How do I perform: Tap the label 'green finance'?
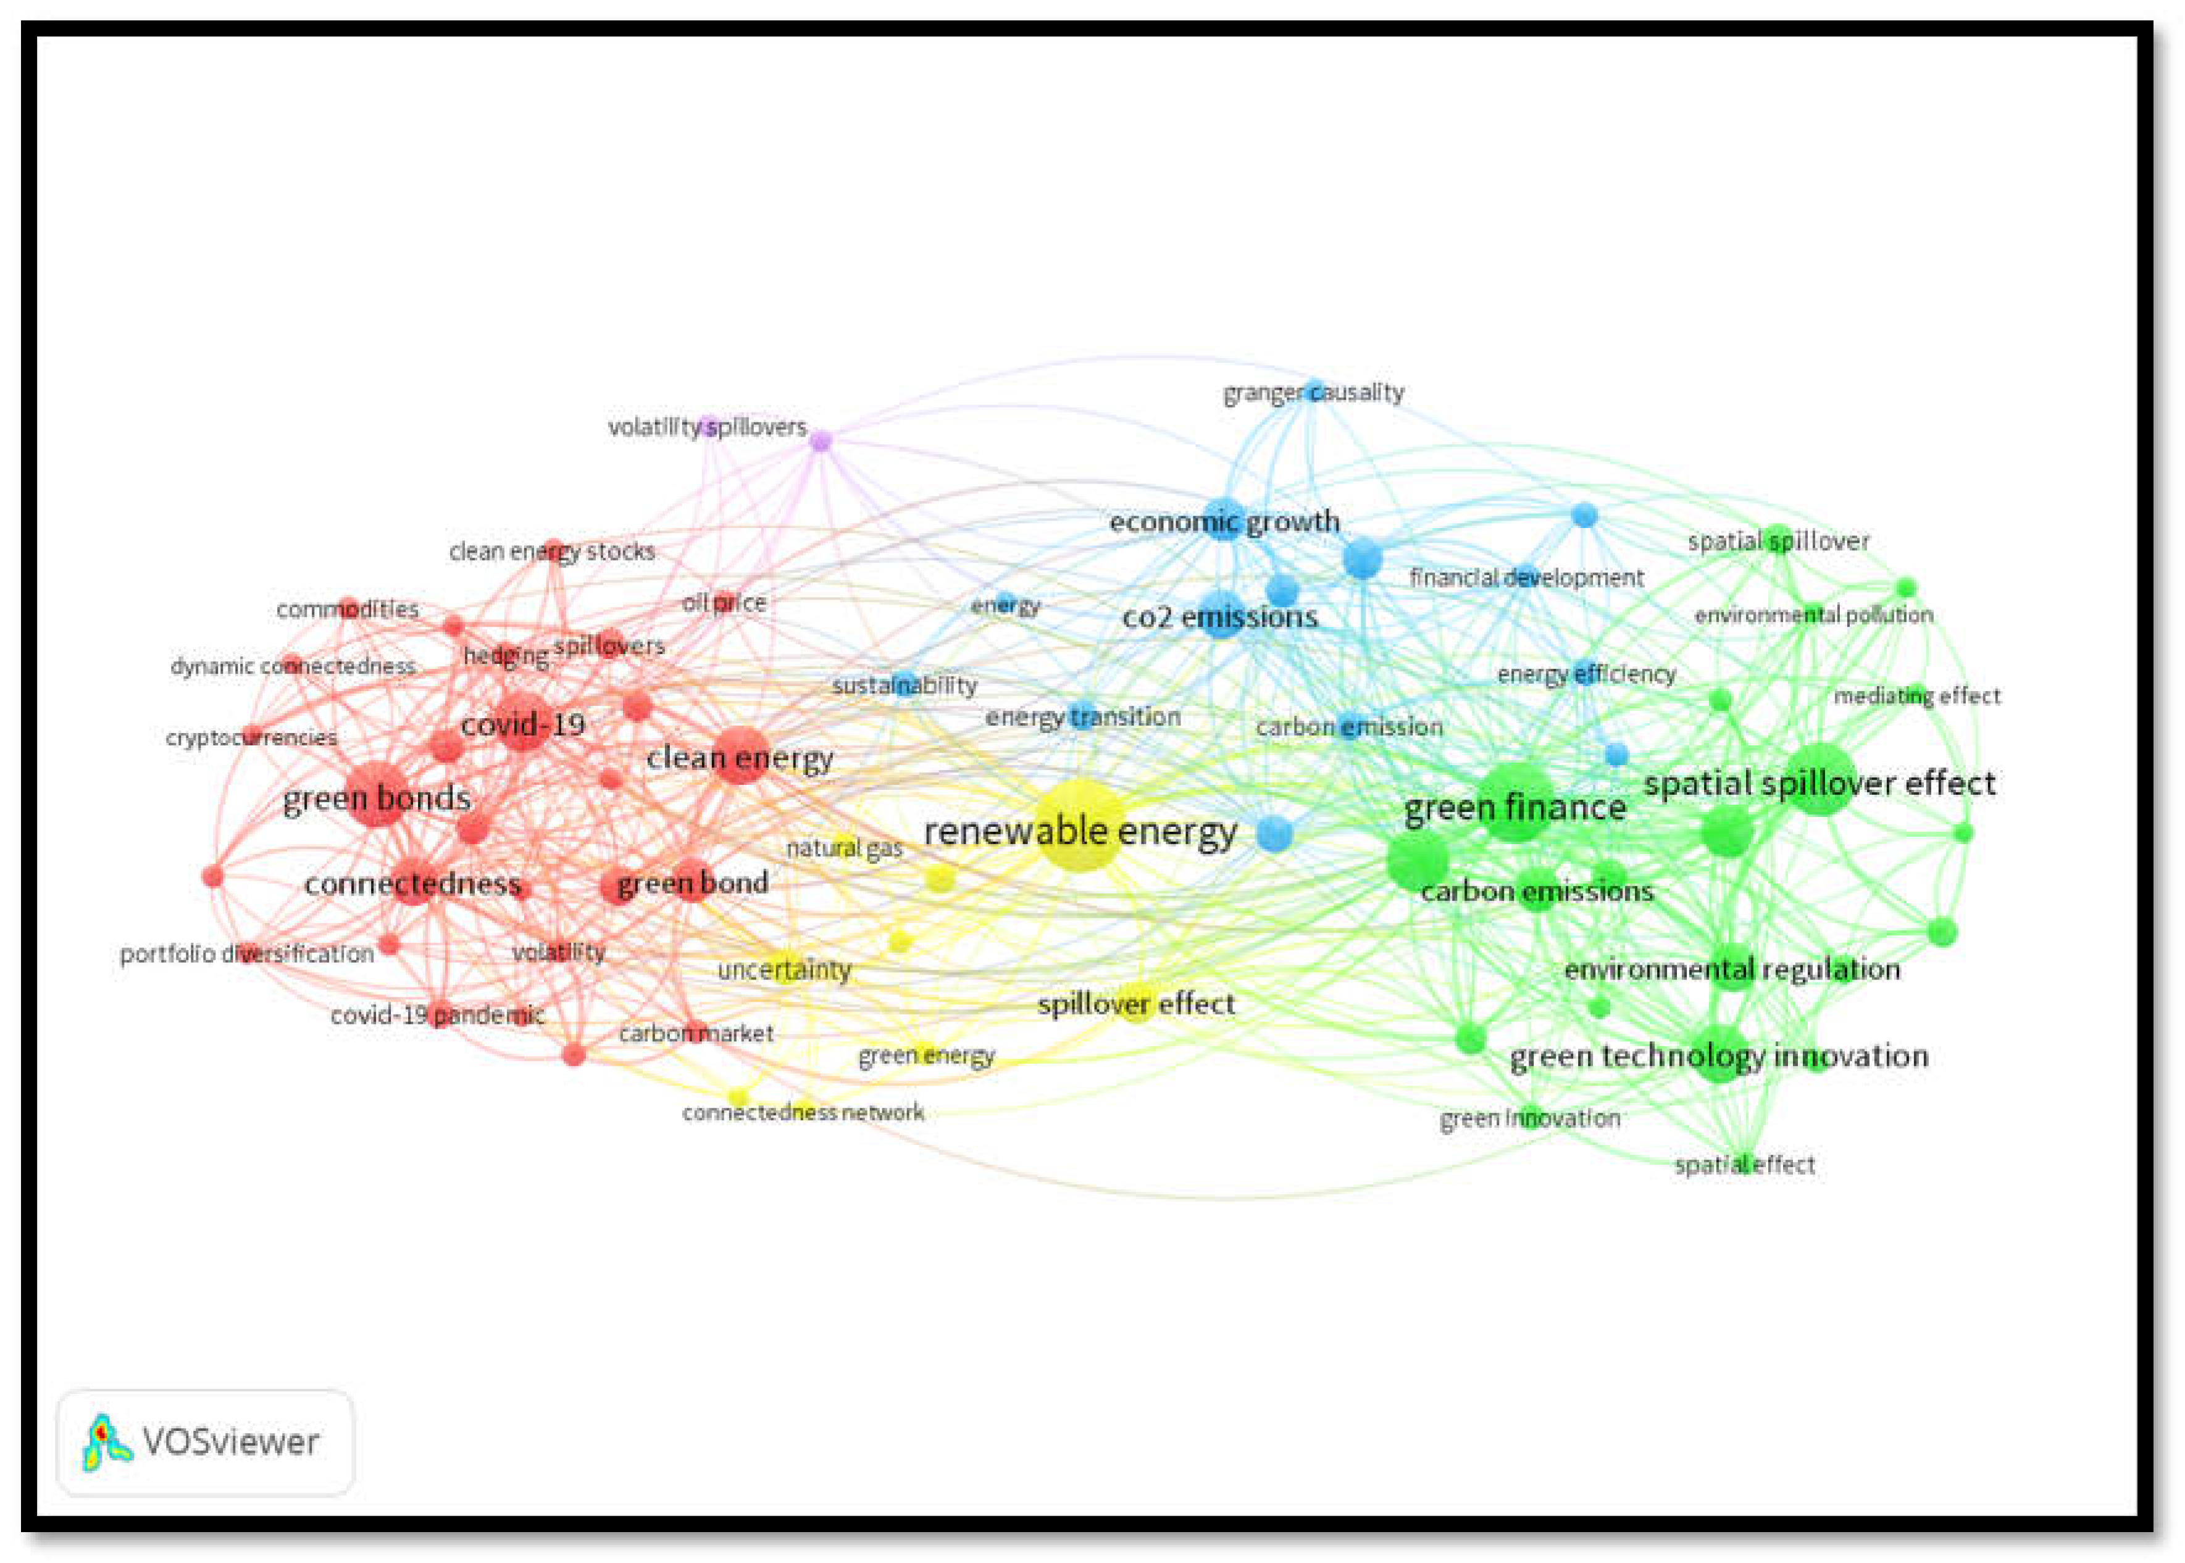(x=1514, y=808)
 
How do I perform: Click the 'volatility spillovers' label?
(x=707, y=426)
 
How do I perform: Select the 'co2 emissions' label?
(x=1220, y=617)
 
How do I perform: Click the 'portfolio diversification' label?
(x=247, y=953)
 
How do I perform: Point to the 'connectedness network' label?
(x=803, y=1113)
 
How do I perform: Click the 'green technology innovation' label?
(x=1718, y=1056)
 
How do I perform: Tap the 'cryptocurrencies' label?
(x=251, y=738)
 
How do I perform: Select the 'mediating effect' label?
(x=1916, y=696)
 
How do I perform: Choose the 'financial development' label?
(x=1526, y=577)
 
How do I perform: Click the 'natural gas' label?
(x=844, y=848)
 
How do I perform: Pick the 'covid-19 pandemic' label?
(x=438, y=1015)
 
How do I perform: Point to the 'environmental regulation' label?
(x=1732, y=969)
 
